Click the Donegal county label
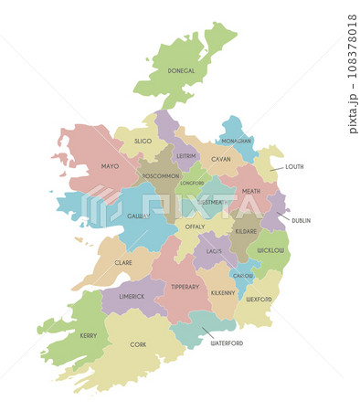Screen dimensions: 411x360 [182, 70]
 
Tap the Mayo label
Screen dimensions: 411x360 [111, 166]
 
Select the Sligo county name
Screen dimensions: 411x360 [143, 142]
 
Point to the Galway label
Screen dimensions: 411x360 [138, 216]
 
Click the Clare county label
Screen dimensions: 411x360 [123, 262]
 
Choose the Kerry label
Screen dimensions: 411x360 [89, 335]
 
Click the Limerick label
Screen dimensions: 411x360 [132, 297]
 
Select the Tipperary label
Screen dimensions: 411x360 [185, 287]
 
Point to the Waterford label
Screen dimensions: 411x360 [228, 343]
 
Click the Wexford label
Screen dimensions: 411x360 [259, 299]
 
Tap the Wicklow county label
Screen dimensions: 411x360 [271, 249]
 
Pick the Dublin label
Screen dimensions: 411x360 [302, 220]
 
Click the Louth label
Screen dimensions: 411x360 [294, 166]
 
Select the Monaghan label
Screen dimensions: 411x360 [236, 142]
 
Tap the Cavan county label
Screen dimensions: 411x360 [221, 159]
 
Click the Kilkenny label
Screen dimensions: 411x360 [223, 292]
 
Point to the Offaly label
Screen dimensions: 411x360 [196, 226]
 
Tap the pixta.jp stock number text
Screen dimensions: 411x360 [353, 73]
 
